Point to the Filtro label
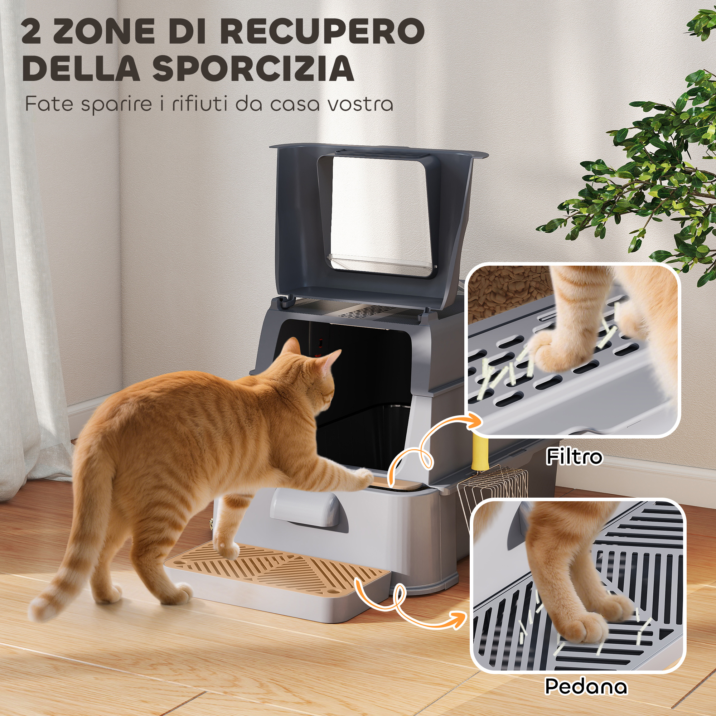574,456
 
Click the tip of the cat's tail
35,611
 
